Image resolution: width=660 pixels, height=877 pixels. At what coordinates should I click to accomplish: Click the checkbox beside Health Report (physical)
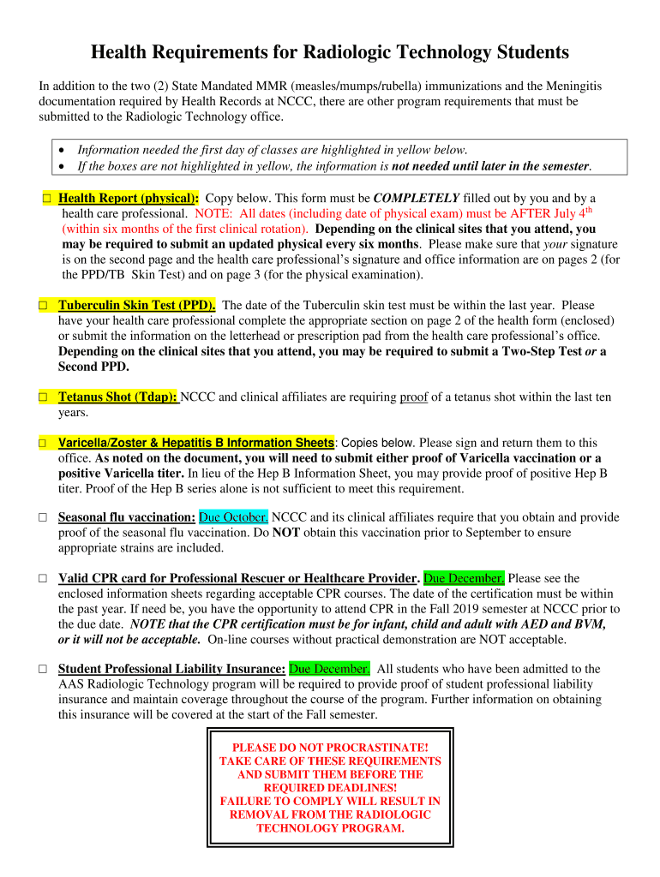[46, 198]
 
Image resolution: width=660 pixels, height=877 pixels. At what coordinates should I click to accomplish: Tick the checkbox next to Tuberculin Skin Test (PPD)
[42, 305]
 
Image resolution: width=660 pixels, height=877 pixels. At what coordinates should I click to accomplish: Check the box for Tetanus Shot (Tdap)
[42, 397]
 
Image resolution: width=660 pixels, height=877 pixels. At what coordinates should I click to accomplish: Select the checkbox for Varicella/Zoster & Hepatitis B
[42, 443]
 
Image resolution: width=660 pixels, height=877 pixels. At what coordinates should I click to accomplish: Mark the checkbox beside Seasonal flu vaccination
[42, 517]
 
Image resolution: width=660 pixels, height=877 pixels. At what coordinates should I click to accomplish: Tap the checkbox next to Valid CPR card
[42, 578]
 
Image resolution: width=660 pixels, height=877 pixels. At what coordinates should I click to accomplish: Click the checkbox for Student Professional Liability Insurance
[42, 669]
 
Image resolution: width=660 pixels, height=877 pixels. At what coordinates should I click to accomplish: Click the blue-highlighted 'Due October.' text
[234, 517]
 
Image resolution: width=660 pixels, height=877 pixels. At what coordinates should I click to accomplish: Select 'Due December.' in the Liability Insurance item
[330, 669]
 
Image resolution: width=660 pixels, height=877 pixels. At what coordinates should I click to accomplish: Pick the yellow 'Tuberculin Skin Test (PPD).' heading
[136, 305]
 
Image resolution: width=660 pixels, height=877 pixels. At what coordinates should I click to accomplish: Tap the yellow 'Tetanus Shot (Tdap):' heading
[117, 397]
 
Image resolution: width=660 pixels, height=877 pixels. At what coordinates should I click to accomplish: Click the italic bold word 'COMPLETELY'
[417, 198]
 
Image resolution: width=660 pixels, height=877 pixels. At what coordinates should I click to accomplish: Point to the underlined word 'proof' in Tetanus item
[413, 397]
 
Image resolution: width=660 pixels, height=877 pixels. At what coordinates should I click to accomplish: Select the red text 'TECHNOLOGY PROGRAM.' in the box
[330, 828]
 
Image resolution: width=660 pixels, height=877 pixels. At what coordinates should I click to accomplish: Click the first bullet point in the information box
[65, 150]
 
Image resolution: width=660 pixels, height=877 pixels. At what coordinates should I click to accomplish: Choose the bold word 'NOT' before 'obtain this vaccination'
[285, 533]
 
